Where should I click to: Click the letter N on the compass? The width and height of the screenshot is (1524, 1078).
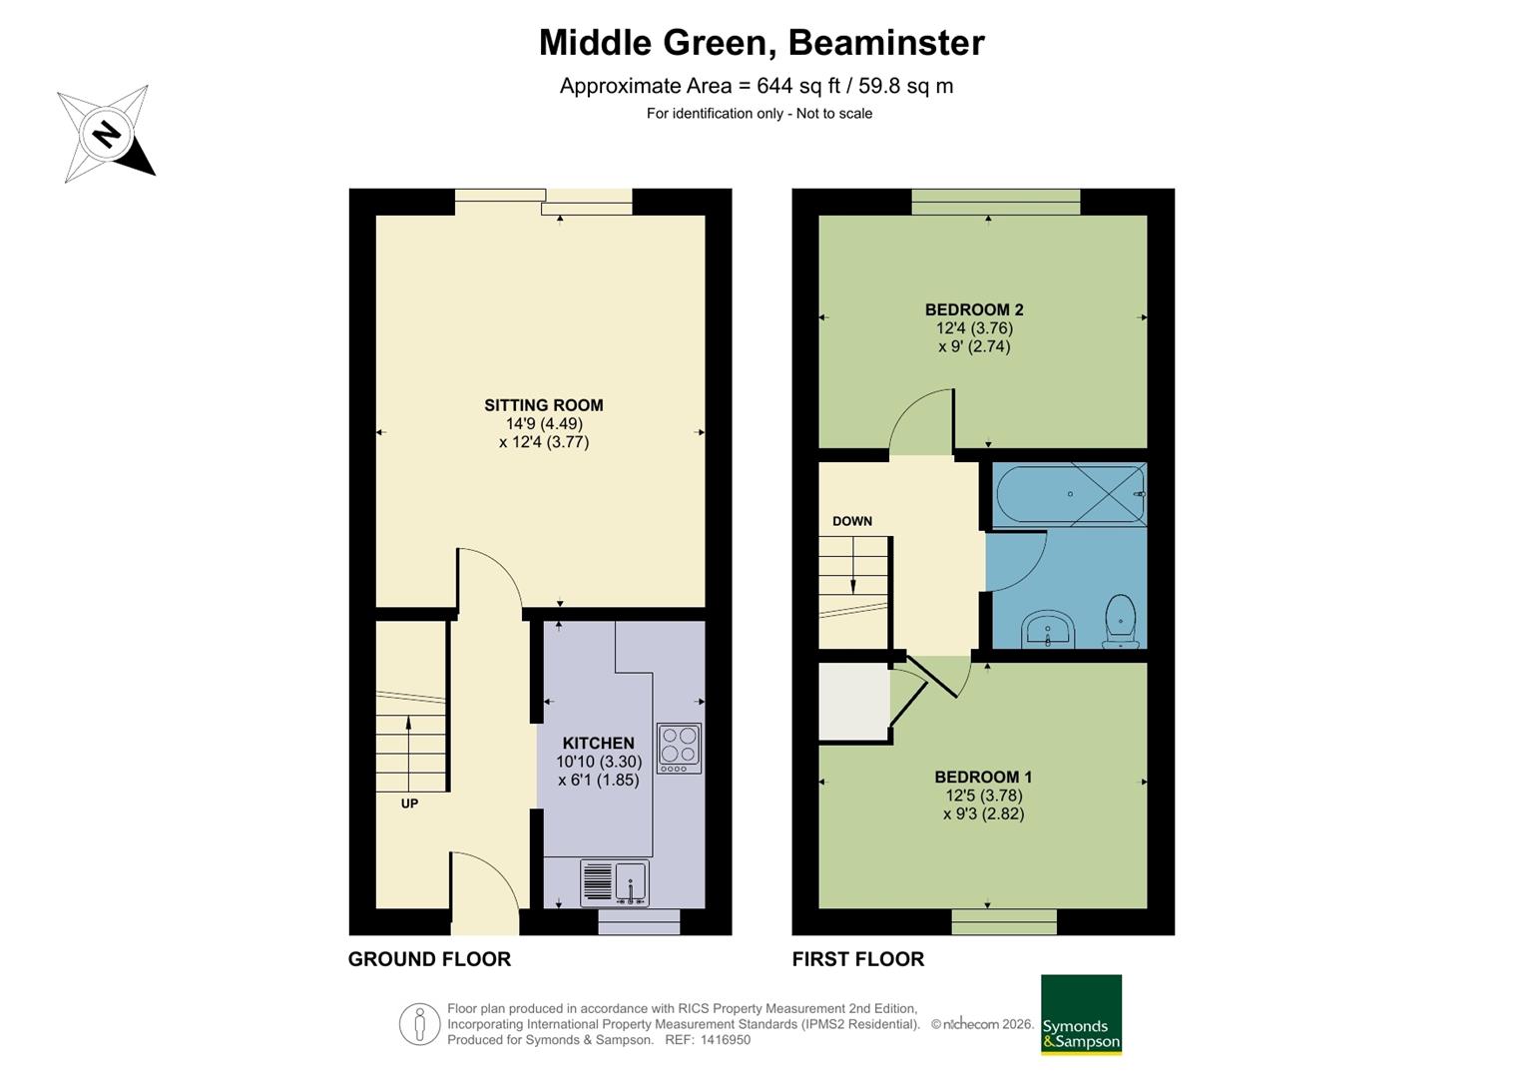point(106,134)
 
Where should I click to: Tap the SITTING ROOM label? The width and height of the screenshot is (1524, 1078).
point(544,405)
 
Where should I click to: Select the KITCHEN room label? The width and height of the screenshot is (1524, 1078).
point(598,744)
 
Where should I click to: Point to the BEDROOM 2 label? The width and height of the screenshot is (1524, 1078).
point(974,309)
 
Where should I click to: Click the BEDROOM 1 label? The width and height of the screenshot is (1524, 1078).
point(983,777)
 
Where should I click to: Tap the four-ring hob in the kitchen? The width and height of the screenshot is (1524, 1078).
point(679,748)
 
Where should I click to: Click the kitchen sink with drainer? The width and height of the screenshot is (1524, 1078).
point(615,883)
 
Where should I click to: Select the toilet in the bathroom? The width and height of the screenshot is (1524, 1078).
point(1120,621)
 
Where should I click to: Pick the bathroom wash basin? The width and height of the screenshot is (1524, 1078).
point(1048,630)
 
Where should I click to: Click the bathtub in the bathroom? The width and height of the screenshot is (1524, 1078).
point(1071,494)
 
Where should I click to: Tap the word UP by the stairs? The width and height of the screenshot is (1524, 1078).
point(409,804)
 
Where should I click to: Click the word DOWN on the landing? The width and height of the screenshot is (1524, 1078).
point(851,521)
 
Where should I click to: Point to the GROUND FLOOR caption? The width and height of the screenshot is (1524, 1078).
point(429,959)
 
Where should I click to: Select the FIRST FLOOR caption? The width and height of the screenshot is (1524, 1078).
point(858,959)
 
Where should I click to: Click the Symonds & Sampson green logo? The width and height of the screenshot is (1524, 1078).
point(1081,1015)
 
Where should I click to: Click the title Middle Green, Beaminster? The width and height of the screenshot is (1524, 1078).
point(762,42)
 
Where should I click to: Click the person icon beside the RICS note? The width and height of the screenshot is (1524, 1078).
point(420,1023)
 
